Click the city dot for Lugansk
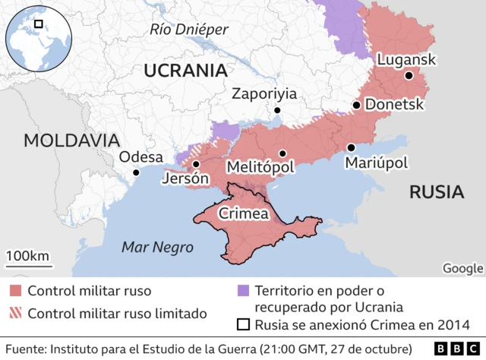coord(409,75)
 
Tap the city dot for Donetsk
coord(355,105)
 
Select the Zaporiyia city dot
coord(278,110)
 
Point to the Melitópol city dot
coord(282,153)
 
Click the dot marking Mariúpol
coord(351,147)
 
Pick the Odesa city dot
coord(136,172)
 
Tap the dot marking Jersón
coord(196,164)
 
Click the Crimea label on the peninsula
coord(244,214)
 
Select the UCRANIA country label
coord(186,71)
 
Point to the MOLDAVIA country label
coord(71,140)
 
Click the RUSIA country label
coord(437,191)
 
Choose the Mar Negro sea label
coord(158,247)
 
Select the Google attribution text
coord(462,267)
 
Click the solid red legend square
coord(15,290)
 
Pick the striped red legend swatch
coord(15,313)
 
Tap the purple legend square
coord(243,290)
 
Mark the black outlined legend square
coord(243,325)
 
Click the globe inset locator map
coord(37,37)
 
